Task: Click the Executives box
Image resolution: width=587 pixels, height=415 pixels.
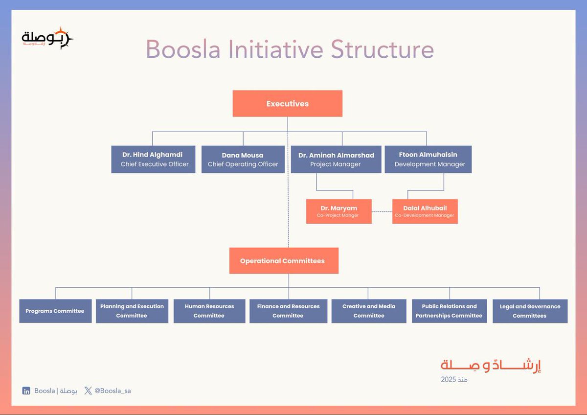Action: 287,104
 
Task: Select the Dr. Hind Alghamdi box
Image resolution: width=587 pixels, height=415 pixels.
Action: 154,160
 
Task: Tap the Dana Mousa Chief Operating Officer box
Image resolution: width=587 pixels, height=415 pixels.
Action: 243,160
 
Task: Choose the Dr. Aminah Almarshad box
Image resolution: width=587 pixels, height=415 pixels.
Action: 336,160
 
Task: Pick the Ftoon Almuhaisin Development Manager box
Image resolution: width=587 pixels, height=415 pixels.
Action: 428,160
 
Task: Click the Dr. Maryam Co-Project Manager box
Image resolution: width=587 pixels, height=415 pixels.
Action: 339,211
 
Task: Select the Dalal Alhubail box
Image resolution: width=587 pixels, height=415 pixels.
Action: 425,211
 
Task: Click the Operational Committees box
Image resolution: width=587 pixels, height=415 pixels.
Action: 283,261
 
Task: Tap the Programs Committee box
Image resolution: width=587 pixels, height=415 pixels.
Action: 55,311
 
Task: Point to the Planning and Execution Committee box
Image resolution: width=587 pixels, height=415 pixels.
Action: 132,311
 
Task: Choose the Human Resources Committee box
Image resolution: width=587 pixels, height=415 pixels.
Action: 209,311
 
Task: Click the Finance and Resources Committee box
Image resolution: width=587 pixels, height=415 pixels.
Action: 288,311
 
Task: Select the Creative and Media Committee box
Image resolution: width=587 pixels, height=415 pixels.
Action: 369,311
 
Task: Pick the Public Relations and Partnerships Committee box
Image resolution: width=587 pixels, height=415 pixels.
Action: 449,311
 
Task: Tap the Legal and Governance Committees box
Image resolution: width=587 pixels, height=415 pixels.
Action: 530,311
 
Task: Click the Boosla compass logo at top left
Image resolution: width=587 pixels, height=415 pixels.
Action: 47,38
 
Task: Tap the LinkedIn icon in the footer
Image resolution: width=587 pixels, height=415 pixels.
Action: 26,391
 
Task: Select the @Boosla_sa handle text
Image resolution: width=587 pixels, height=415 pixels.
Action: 113,391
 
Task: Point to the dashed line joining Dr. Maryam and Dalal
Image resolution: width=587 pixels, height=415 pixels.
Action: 382,211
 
